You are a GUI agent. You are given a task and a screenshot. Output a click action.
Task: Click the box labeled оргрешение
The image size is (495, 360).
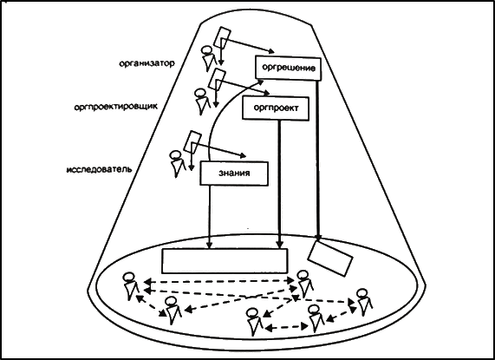click(288, 68)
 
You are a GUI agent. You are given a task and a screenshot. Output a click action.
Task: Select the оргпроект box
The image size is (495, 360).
click(276, 108)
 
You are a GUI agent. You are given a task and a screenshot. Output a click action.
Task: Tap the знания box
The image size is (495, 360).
click(234, 173)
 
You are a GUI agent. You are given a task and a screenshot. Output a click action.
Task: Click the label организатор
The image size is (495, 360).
click(147, 63)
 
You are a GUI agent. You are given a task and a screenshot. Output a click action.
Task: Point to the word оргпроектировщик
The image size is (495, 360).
click(115, 107)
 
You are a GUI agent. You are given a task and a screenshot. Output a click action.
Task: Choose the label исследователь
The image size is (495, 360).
click(99, 169)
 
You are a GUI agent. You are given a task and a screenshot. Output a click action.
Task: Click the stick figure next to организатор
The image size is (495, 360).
click(209, 59)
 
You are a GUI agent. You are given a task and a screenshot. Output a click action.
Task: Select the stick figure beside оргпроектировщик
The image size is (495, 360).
click(202, 101)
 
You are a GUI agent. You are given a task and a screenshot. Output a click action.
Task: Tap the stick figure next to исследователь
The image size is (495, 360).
click(178, 164)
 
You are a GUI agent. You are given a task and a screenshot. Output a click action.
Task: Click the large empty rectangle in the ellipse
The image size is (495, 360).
click(225, 261)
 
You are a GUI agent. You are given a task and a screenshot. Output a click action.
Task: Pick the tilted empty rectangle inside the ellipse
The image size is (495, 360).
click(330, 259)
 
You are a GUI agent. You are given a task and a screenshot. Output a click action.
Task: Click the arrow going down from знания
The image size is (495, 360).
click(209, 217)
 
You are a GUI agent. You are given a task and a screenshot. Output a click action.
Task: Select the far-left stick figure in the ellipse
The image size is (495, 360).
click(130, 286)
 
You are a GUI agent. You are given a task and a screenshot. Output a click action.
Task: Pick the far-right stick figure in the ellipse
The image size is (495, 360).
click(364, 302)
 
